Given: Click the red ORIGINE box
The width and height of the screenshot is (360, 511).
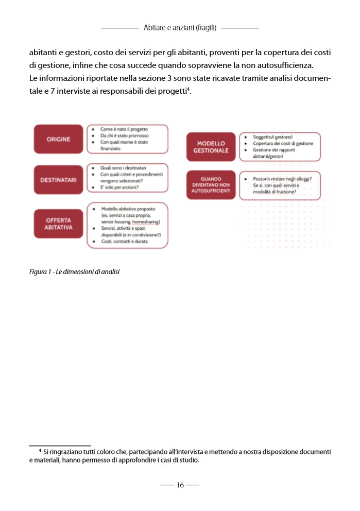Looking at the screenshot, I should (58, 139).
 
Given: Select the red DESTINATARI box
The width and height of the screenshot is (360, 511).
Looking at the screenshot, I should (58, 180).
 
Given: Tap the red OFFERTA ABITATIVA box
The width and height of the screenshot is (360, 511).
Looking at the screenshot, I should (58, 224).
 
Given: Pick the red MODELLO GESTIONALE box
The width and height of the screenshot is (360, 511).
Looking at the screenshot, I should (211, 147).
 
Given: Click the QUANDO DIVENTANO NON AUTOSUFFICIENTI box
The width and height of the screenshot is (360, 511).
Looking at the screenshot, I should (211, 185).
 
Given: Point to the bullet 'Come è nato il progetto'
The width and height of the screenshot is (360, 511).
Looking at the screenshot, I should (124, 129).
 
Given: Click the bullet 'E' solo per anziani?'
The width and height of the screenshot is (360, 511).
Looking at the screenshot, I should (122, 189).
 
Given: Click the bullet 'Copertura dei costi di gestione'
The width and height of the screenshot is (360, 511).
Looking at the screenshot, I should (283, 143).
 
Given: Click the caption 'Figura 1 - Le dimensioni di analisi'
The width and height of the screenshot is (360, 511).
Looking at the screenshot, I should (74, 271).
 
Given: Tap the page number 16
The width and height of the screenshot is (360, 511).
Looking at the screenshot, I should (180, 485).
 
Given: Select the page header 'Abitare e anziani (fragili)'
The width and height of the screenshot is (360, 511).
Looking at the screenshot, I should (180, 27).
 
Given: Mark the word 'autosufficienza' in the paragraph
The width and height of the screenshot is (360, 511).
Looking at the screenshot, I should (286, 65).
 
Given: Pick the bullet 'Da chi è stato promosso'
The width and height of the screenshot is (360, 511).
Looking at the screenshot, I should (124, 135).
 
